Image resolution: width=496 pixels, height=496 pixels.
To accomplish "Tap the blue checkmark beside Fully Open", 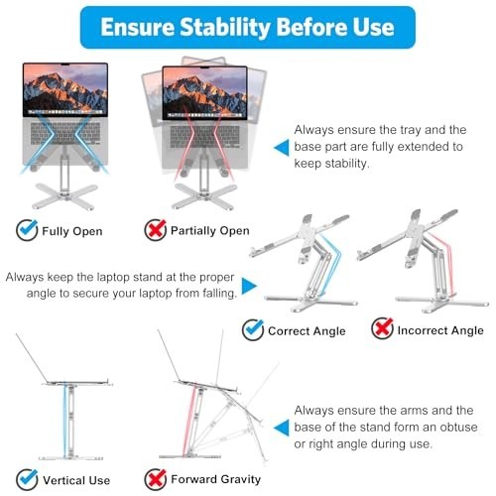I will tap(27, 231).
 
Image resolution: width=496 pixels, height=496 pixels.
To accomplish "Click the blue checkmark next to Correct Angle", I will tap(253, 329).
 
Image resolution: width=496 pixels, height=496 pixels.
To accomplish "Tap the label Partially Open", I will tap(209, 232).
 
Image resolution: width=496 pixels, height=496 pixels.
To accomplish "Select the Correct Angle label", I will tap(307, 330).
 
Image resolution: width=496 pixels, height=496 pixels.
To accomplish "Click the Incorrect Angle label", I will tap(440, 330).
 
